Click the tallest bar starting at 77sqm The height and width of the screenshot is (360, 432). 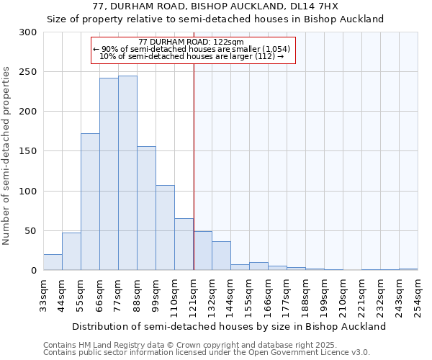[127, 173]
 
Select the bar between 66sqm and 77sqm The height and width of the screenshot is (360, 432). [109, 174]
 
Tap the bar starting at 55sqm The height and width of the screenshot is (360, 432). [90, 202]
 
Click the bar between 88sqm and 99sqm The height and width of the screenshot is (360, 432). [146, 209]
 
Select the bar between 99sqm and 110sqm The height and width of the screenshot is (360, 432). [165, 228]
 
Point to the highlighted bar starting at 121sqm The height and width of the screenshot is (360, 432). [202, 251]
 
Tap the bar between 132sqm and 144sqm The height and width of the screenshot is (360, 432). [221, 256]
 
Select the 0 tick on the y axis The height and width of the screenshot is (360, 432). [34, 271]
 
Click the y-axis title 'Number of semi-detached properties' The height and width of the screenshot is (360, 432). [7, 156]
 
